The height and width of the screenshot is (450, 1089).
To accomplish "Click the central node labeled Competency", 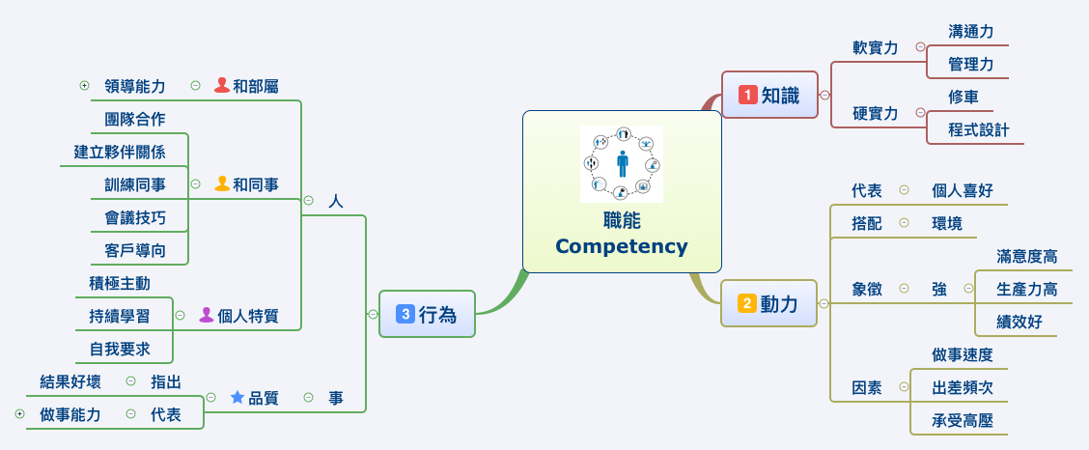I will point(622,245).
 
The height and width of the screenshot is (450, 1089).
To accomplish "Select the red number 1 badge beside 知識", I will point(747,95).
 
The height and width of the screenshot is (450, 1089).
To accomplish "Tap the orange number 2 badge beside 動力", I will point(747,304).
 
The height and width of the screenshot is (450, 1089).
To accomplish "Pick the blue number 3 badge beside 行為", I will point(405,314).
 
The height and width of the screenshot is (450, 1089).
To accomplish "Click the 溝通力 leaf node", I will point(970,31).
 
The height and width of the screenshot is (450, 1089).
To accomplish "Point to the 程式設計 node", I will point(978,129).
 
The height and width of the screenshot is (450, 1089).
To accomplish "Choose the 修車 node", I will point(963,97).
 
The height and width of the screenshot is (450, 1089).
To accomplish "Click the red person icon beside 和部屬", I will point(221,85).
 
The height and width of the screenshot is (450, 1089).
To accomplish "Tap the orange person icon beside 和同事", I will point(221,183).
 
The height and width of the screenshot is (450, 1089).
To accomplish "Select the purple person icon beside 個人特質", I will point(206,315).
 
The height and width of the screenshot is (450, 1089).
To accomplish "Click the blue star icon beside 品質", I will point(237,397).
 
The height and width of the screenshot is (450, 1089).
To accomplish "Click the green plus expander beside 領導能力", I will point(84,86).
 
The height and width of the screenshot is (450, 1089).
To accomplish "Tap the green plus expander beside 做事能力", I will point(19,414).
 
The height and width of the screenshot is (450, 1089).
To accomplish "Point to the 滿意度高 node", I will point(1027,256).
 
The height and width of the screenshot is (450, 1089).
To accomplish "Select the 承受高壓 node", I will point(963,420).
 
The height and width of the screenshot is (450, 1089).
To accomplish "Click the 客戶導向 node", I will point(135,250).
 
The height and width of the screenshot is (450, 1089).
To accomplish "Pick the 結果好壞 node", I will point(70,381).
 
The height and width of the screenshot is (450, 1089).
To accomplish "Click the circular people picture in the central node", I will point(622,164).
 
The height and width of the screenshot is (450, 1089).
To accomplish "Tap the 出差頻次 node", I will point(963,387).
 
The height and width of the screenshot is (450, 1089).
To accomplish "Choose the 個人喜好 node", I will point(963,190).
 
